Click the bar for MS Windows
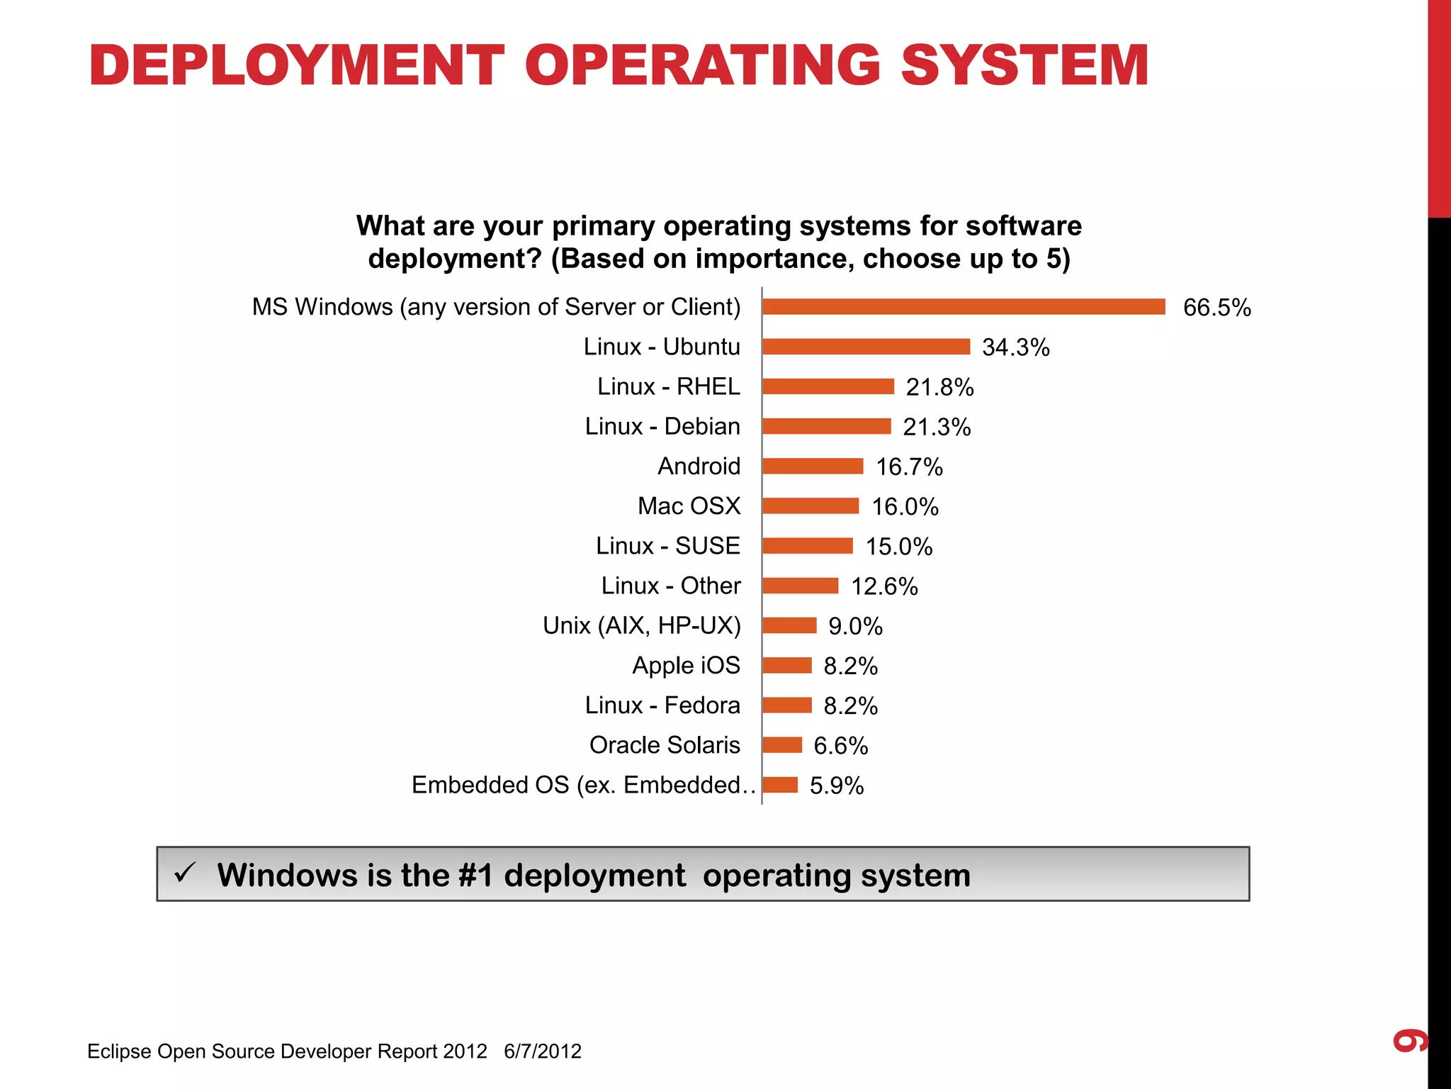[x=964, y=306]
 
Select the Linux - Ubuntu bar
[x=866, y=346]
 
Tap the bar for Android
[x=813, y=466]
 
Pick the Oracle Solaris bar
[x=782, y=744]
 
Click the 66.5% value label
[x=1216, y=308]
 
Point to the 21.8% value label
[x=939, y=387]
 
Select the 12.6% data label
[x=884, y=586]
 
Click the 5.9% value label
[x=837, y=786]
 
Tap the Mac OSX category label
[x=689, y=506]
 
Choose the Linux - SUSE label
[x=667, y=545]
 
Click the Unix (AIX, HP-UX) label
[x=641, y=625]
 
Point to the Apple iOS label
[x=686, y=665]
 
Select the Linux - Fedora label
[x=662, y=705]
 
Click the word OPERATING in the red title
[x=702, y=65]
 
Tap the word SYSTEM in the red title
[x=1024, y=65]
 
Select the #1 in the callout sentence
[x=475, y=875]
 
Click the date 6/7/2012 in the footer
[x=543, y=1051]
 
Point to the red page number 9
[x=1410, y=1041]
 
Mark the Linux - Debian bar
[x=826, y=426]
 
